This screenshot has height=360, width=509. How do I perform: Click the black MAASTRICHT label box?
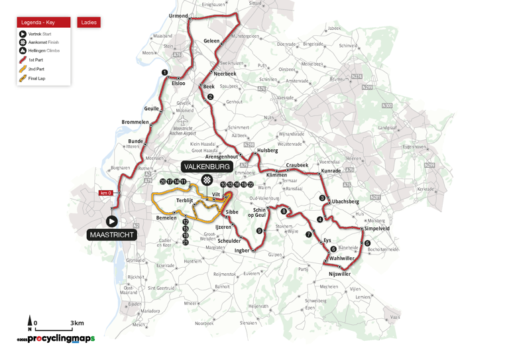tap(111, 235)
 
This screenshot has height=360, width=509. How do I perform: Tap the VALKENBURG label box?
tap(207, 167)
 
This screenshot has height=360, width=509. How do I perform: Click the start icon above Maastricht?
tap(111, 221)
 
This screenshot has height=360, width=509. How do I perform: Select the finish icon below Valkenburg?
tap(207, 180)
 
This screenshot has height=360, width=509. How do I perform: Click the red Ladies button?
tap(89, 23)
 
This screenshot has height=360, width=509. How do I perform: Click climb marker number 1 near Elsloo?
tap(164, 73)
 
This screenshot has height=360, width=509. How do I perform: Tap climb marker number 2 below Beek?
tap(210, 97)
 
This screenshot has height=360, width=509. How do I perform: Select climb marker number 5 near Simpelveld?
tap(367, 243)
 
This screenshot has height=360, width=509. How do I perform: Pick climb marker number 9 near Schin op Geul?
tap(259, 231)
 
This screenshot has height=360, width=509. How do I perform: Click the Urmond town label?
tap(179, 15)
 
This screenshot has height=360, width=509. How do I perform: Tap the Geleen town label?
tap(211, 40)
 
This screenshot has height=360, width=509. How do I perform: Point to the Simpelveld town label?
tap(376, 228)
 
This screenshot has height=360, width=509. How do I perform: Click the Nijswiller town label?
tap(339, 274)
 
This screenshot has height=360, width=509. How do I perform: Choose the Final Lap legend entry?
tap(37, 78)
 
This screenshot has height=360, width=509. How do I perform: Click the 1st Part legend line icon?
tap(23, 60)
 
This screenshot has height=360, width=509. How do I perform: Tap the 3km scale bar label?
tap(78, 324)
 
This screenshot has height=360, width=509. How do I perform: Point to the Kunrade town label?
tap(330, 171)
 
